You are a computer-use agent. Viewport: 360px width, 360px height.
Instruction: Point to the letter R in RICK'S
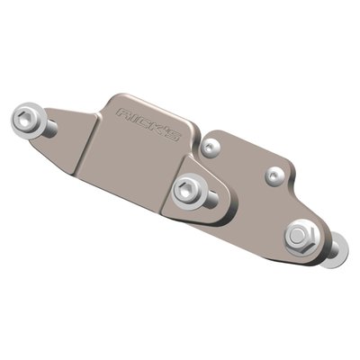(125, 112)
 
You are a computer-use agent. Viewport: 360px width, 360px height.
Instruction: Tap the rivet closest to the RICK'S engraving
(210, 144)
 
